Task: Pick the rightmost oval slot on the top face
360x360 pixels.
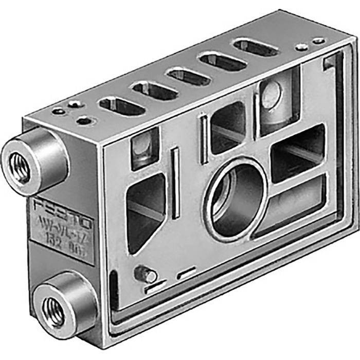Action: [256, 48]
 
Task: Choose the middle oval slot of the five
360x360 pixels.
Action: [189, 77]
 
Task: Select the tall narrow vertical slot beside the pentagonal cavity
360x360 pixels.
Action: [175, 183]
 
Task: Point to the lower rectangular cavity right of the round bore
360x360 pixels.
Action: [295, 203]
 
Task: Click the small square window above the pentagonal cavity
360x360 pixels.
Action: [145, 149]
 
